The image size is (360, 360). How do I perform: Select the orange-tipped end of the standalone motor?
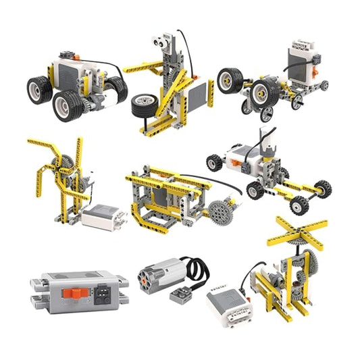click(145, 273)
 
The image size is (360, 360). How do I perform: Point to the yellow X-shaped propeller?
click(297, 232)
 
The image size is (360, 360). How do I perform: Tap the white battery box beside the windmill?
click(104, 216)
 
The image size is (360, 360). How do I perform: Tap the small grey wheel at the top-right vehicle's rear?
click(324, 86)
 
